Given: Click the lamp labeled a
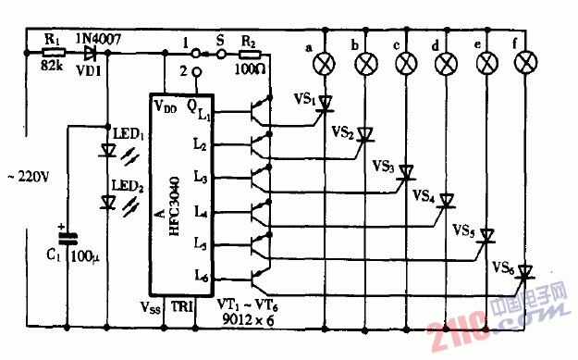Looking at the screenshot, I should [x=325, y=63].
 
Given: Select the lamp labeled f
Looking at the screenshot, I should [x=526, y=63].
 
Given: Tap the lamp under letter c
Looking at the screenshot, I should [x=405, y=63].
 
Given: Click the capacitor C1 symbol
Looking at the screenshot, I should [x=68, y=237].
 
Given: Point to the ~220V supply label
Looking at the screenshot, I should [x=31, y=173].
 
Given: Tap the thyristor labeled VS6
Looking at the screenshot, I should [x=525, y=271].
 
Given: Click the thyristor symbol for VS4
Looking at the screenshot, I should [x=447, y=199].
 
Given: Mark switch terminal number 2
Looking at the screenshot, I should [x=197, y=70].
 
